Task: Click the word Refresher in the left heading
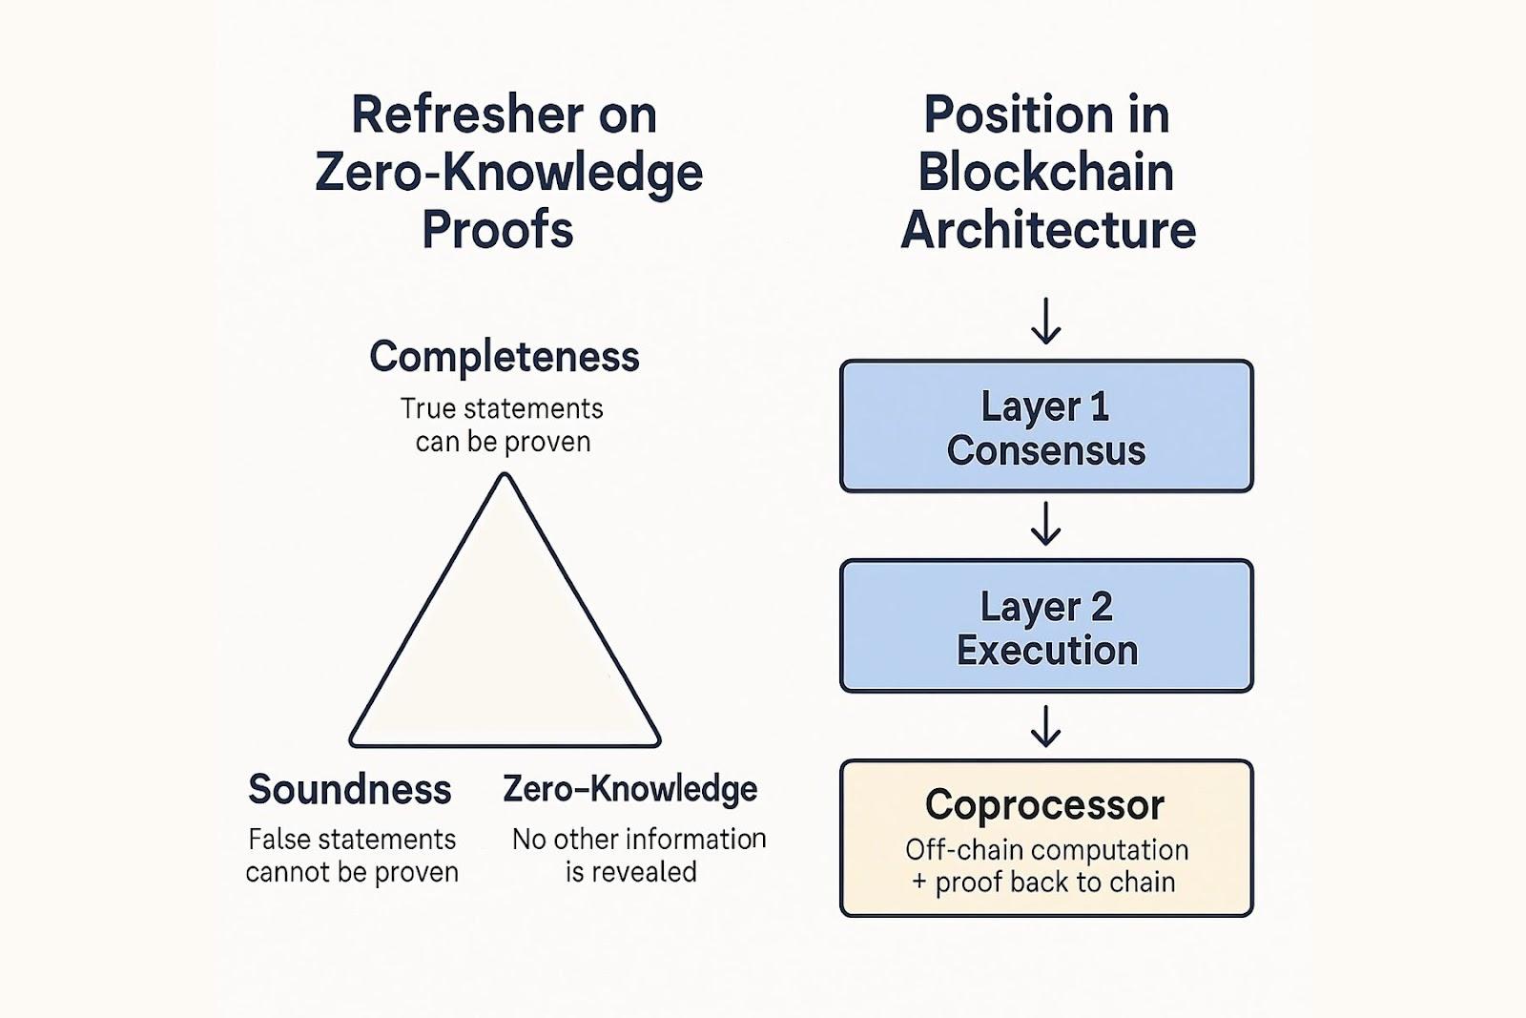(467, 114)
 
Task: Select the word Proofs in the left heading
(498, 230)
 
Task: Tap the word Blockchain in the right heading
(1046, 172)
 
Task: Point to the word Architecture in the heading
(1048, 230)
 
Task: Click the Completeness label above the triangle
(505, 357)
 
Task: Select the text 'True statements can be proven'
(502, 426)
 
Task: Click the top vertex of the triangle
(505, 476)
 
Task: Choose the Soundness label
(350, 790)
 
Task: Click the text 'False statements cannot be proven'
(352, 856)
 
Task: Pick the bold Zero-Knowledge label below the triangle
(630, 790)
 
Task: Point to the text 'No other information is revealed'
(639, 856)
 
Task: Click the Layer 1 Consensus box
(1046, 426)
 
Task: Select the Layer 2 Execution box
(1046, 626)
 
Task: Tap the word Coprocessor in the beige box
(1045, 805)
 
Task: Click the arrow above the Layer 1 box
(1045, 321)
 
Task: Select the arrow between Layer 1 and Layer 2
(1045, 523)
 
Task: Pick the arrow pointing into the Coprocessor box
(1045, 726)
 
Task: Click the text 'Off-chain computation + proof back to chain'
(1046, 866)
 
